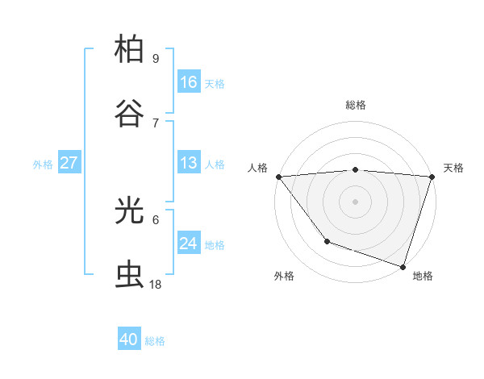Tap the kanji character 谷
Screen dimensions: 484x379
click(130, 114)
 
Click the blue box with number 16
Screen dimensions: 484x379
click(189, 82)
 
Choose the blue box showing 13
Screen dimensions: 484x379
click(189, 163)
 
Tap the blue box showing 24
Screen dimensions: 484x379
click(189, 244)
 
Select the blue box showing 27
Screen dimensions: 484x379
click(69, 163)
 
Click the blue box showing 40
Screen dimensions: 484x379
click(129, 339)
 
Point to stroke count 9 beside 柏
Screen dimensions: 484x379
click(156, 58)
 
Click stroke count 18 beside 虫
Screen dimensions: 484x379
click(156, 284)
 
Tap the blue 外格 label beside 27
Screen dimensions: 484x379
click(43, 164)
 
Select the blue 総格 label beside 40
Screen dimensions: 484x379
click(155, 341)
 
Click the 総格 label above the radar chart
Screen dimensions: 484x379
click(356, 105)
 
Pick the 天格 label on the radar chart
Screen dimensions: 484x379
click(454, 168)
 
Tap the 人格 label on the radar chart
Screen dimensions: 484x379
click(257, 168)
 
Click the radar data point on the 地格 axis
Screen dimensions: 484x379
click(403, 266)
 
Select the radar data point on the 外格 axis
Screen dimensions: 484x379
click(327, 241)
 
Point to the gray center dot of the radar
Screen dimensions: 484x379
click(356, 202)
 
